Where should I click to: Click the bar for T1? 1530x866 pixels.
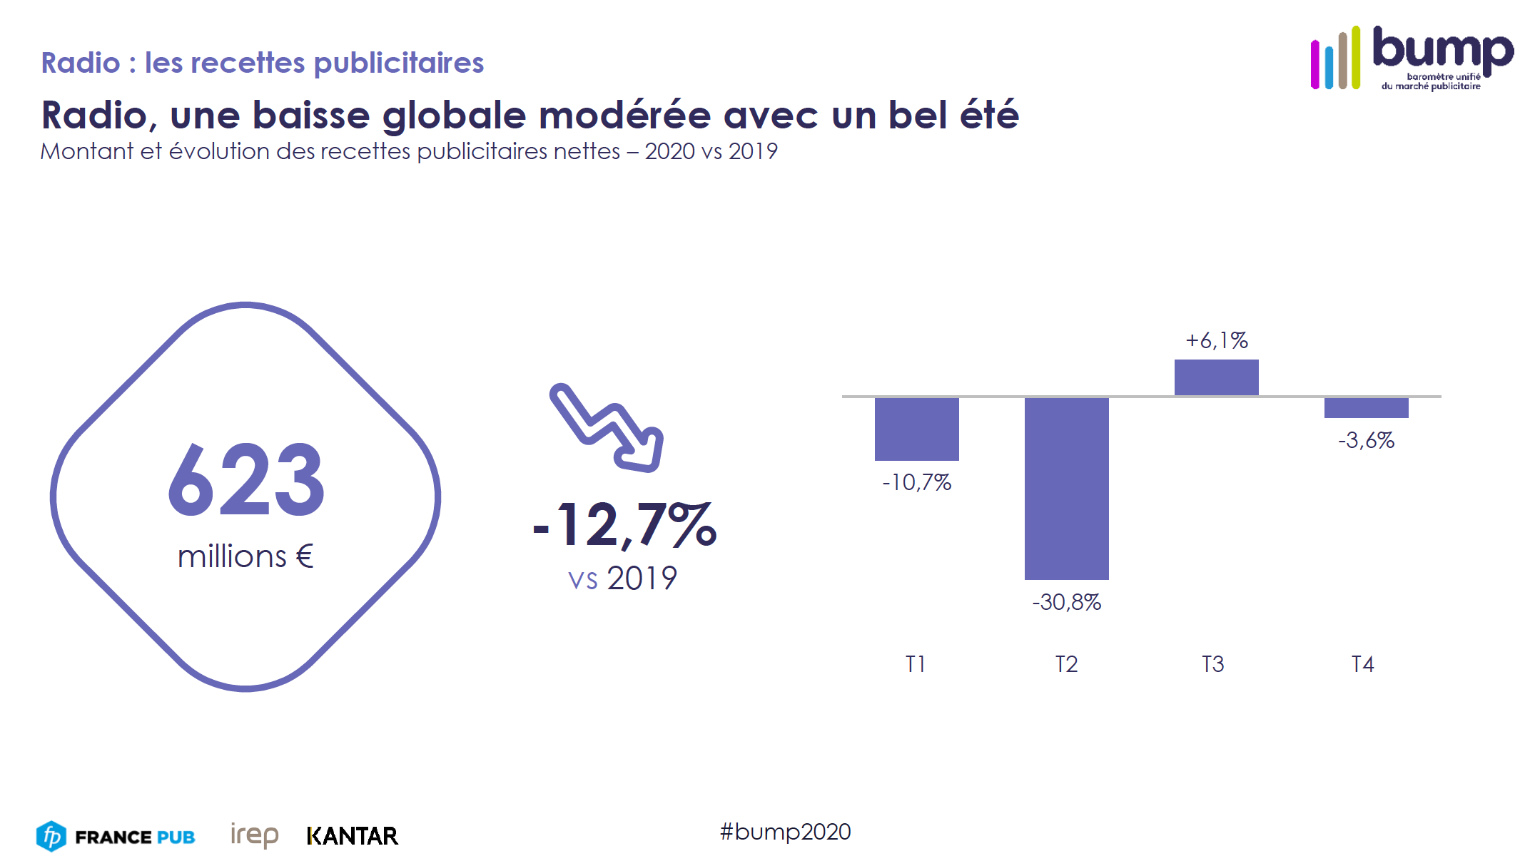pos(916,429)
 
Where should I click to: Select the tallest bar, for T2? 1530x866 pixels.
pos(1066,488)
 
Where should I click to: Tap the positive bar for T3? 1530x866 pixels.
pos(1216,377)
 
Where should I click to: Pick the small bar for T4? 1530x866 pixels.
pos(1366,407)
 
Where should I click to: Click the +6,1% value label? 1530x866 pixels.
pos(1217,340)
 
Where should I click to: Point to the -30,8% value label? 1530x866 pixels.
pos(1066,602)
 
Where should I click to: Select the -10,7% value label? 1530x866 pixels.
pos(916,482)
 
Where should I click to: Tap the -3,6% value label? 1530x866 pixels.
pos(1366,440)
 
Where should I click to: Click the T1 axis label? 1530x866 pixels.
pos(916,664)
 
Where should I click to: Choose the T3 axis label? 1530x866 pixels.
pos(1212,664)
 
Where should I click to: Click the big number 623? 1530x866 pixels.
pos(246,479)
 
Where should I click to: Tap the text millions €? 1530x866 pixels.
pos(245,556)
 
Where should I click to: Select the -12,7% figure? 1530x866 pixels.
pos(625,526)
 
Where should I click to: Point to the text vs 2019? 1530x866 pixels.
pos(622,578)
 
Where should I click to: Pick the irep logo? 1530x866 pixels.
pos(254,835)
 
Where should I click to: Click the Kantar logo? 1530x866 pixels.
pos(352,836)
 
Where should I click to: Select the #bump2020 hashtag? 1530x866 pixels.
pos(785,832)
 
